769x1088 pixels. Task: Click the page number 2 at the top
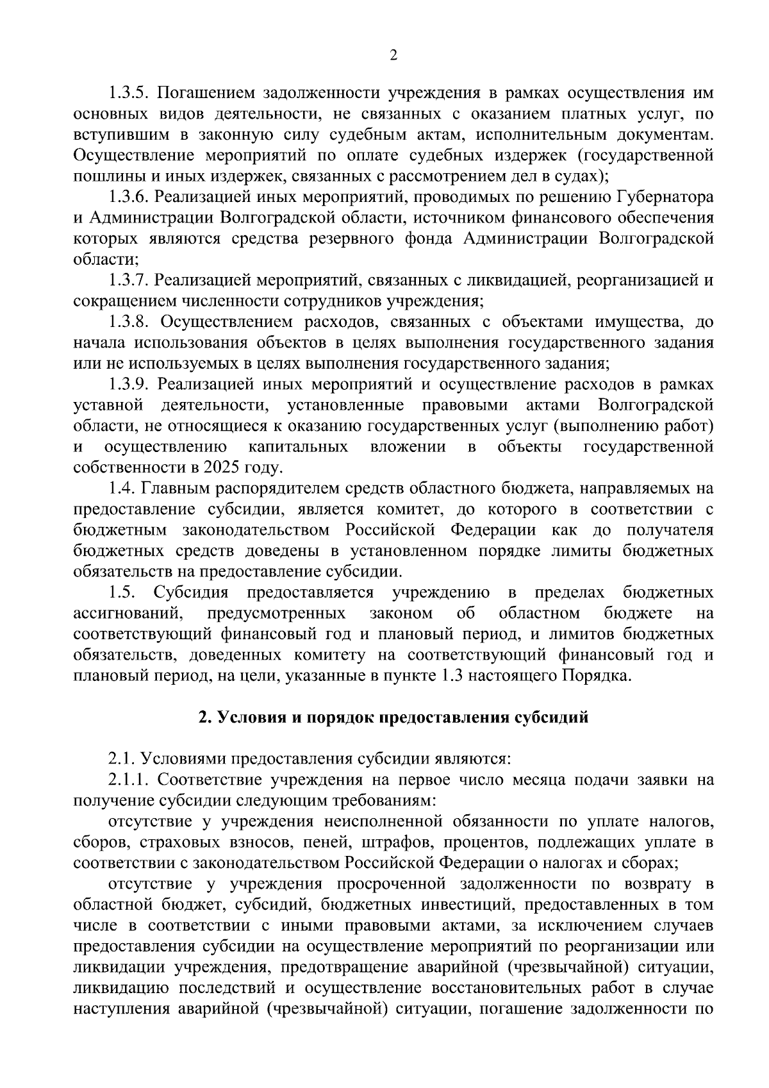tap(393, 56)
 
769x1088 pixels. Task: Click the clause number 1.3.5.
tap(128, 93)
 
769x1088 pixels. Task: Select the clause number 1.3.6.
tap(128, 197)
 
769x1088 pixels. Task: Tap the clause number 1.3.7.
tap(128, 280)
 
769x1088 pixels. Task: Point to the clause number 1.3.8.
tap(128, 322)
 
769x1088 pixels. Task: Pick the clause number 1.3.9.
tap(128, 384)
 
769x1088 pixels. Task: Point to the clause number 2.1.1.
tap(128, 780)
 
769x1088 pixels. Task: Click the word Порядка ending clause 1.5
tap(596, 676)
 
